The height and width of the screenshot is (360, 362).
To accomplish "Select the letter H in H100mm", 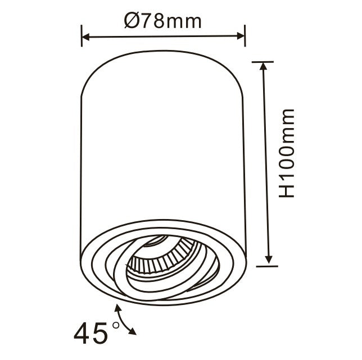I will [287, 190].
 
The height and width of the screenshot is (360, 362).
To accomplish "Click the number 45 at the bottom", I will [91, 334].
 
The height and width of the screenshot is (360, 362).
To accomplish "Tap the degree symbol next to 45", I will [116, 325].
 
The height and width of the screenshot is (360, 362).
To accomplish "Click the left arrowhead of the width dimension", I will [87, 37].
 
